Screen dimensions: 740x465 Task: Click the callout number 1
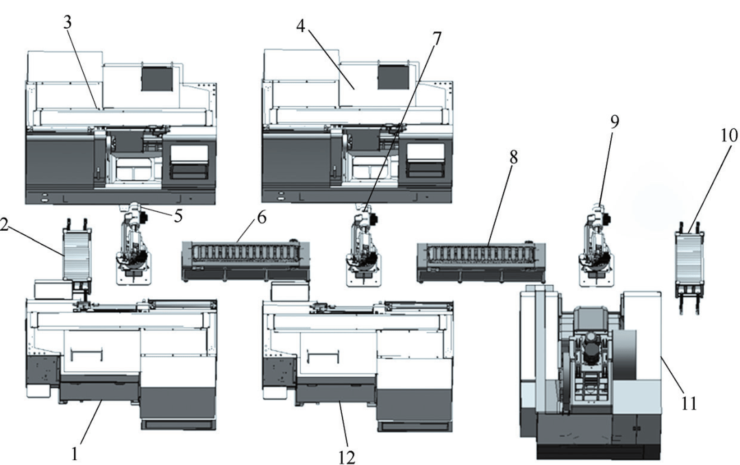pos(74,454)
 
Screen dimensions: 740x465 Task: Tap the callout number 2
pos(4,225)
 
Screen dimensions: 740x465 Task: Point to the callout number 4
pos(301,26)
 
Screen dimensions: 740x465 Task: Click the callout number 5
pos(177,216)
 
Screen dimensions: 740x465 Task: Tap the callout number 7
pos(436,38)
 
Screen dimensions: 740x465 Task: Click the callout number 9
pos(614,122)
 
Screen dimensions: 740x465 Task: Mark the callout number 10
pos(728,136)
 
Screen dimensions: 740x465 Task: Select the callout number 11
pos(688,403)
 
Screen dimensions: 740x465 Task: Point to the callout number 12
pos(347,457)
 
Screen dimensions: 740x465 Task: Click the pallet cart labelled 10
pos(689,267)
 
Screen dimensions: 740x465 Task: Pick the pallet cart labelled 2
pos(77,257)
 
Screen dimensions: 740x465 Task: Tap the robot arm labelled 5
pos(134,244)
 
